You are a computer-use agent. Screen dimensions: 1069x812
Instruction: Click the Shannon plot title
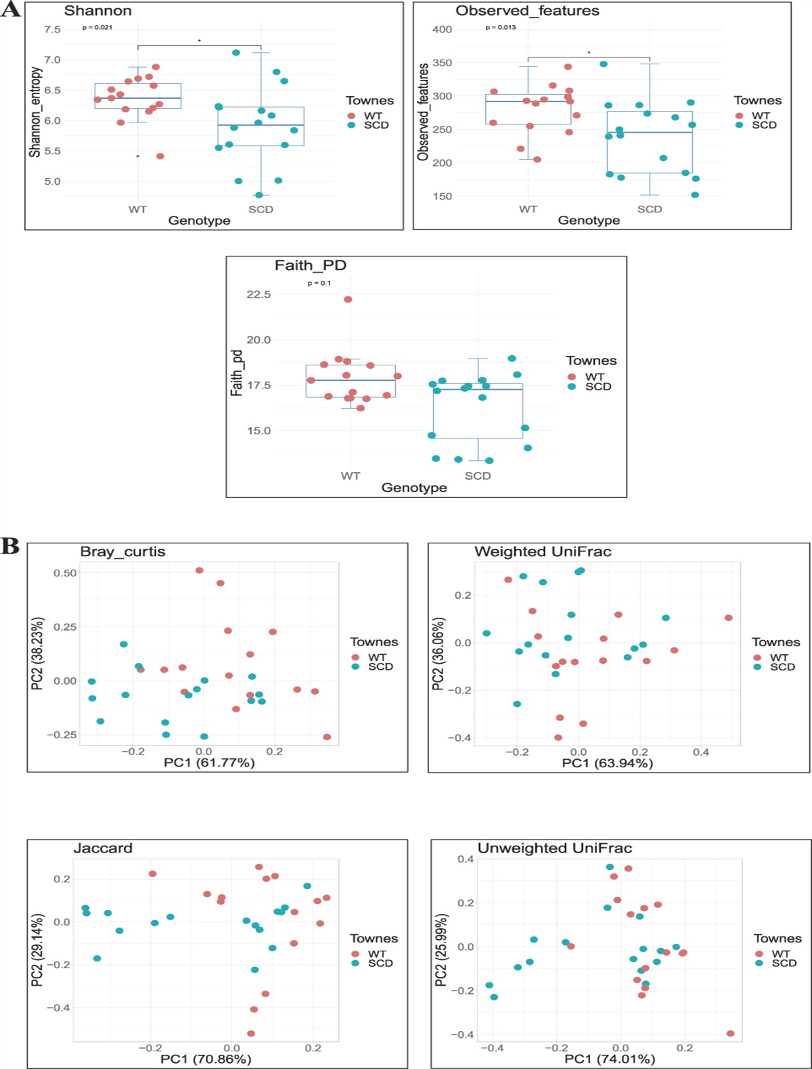tap(97, 11)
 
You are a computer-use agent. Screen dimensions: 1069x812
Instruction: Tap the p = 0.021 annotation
tap(97, 28)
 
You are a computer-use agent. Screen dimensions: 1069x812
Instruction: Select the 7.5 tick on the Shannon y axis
tap(52, 30)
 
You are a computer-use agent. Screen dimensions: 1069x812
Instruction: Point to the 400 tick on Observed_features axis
tap(442, 30)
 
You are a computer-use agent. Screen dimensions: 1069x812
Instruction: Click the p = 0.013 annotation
tap(501, 28)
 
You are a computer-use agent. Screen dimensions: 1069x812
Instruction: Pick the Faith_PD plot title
tap(310, 265)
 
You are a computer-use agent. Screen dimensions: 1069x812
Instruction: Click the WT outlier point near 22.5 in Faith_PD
tap(348, 299)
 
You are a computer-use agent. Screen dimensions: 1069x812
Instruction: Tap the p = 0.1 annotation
tap(319, 283)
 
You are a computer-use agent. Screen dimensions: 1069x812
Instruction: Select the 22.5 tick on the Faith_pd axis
tap(258, 294)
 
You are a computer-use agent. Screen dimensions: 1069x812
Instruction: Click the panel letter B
tap(10, 546)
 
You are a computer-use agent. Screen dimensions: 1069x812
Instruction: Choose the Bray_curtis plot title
tap(122, 551)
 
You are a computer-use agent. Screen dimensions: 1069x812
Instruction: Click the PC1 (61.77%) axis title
tap(209, 763)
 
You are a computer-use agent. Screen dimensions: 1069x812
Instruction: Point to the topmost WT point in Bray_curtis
tap(200, 570)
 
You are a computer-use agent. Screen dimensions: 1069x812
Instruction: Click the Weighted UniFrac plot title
tap(543, 551)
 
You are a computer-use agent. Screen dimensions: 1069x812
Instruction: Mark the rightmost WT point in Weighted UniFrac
tap(729, 618)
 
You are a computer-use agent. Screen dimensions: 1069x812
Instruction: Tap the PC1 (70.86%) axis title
tap(206, 1059)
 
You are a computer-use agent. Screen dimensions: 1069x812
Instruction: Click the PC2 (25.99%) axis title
tap(441, 950)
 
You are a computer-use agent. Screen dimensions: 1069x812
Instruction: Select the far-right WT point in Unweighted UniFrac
tap(730, 1033)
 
